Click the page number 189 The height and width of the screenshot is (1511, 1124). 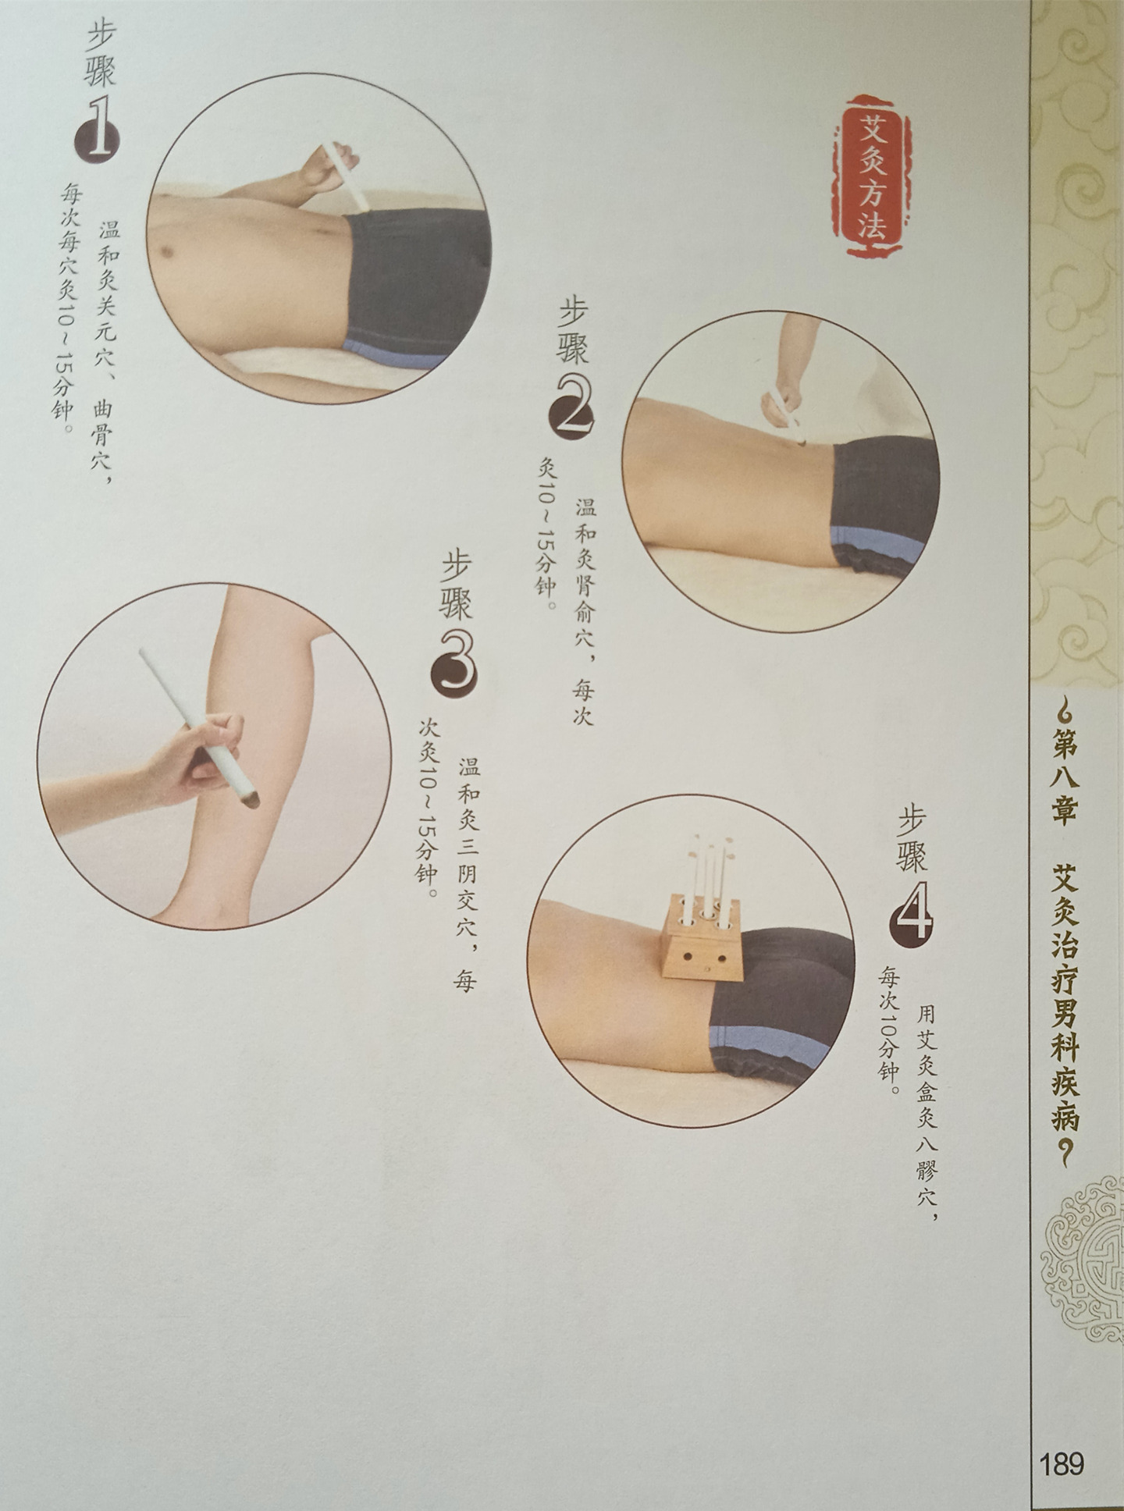(1062, 1441)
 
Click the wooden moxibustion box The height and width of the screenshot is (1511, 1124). (699, 936)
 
